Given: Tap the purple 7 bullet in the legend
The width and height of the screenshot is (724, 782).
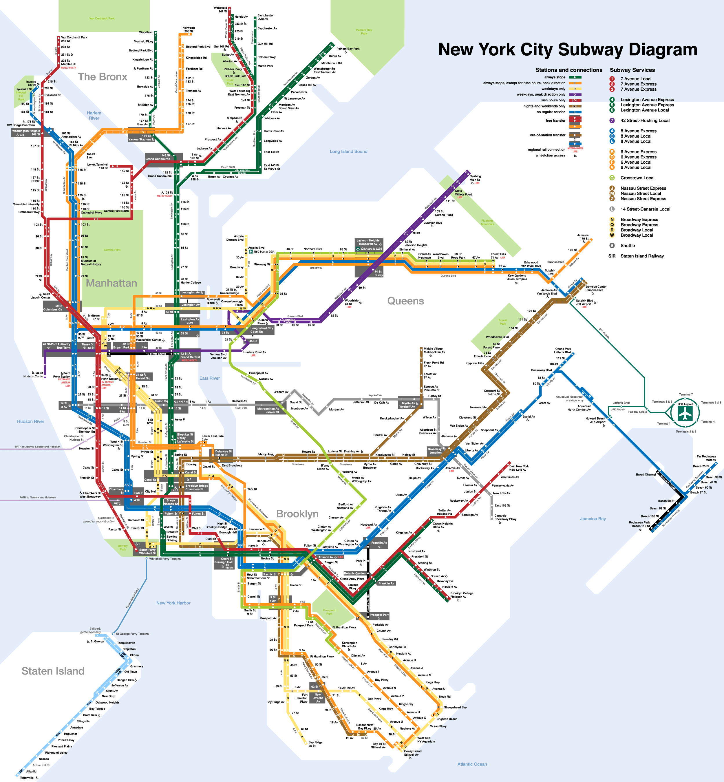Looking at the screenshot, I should click(612, 121).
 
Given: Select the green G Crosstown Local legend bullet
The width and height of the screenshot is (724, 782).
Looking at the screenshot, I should click(612, 178).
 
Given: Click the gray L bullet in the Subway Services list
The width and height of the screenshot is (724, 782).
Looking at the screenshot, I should click(612, 209).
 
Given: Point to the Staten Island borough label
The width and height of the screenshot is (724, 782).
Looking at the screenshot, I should click(53, 671).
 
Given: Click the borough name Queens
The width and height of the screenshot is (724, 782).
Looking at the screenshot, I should click(405, 301).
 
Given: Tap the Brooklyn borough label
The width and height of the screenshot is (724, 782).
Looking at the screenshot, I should click(297, 514).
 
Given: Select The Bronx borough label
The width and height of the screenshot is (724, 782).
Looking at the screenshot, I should click(102, 77).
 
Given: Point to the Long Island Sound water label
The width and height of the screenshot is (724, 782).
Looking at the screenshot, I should click(348, 151).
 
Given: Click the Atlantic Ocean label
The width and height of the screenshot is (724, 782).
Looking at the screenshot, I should click(472, 764).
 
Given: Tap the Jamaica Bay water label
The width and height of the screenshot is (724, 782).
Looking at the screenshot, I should click(593, 519).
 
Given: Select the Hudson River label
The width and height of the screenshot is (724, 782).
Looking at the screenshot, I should click(31, 422).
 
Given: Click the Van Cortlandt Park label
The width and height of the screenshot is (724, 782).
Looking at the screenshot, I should click(102, 19).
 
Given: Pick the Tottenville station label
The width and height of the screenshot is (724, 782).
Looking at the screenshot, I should click(27, 778).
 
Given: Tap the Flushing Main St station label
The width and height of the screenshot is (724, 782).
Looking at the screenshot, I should click(475, 178).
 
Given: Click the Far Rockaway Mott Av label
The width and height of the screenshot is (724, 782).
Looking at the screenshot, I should click(706, 458).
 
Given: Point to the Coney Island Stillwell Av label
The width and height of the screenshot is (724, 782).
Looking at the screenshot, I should click(413, 753).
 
